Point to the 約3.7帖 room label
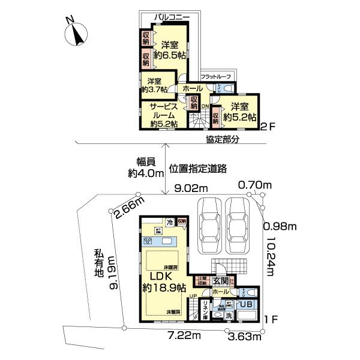click(154, 89)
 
